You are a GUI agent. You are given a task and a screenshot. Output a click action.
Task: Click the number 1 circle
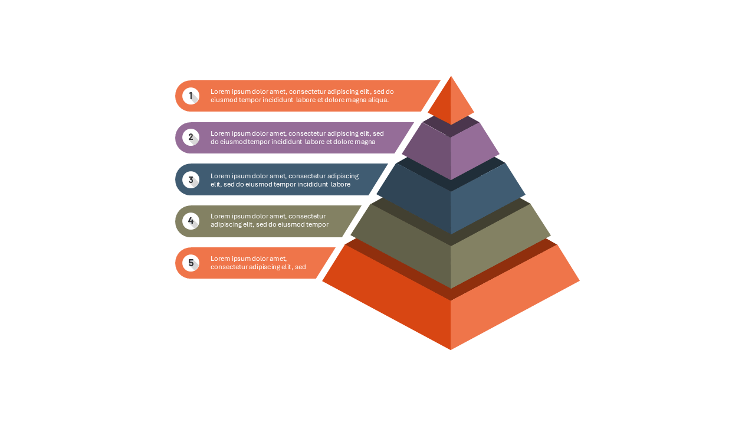[191, 96]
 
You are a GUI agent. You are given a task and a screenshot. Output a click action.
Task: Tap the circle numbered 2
[191, 138]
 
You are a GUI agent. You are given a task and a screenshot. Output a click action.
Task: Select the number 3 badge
[191, 180]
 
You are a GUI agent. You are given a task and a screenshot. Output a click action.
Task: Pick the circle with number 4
[191, 221]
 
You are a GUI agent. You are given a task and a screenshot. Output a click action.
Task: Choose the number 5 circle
[191, 263]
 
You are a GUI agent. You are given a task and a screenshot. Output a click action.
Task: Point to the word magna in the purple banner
[365, 142]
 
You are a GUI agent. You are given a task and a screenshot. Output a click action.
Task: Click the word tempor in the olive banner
[317, 225]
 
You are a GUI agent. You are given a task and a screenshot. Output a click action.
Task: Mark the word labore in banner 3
[340, 184]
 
